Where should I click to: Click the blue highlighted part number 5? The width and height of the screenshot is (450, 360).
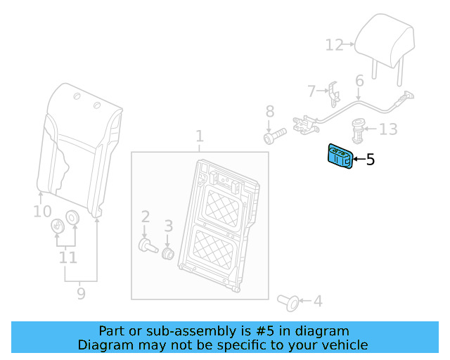coord(338,157)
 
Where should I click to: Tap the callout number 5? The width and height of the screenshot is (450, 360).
coord(371,160)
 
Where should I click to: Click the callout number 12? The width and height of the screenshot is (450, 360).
coord(333,46)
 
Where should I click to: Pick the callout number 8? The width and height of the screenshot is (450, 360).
coord(269,111)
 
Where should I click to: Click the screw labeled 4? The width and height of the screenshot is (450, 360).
coord(288,302)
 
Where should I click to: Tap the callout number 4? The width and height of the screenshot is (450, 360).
coord(318,302)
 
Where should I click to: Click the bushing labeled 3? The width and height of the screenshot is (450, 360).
coord(168,252)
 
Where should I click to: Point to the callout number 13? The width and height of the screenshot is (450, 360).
coord(388,129)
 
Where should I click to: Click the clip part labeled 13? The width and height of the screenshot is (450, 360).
coord(359,129)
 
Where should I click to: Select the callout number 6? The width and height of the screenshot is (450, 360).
coord(359,81)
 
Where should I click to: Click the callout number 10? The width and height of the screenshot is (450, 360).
coord(42,211)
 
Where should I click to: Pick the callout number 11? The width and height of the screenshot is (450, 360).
coord(67,257)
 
